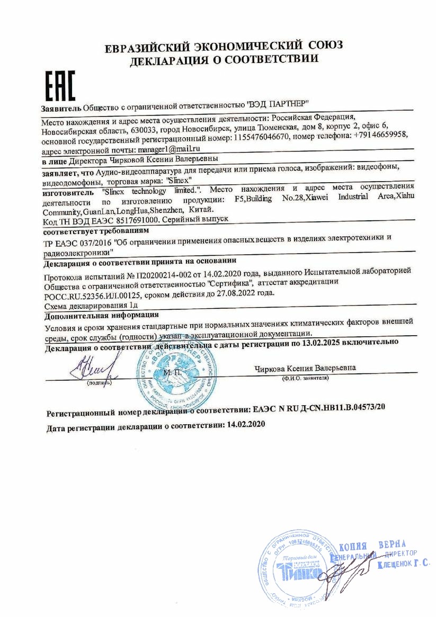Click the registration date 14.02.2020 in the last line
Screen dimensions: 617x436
point(245,425)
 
